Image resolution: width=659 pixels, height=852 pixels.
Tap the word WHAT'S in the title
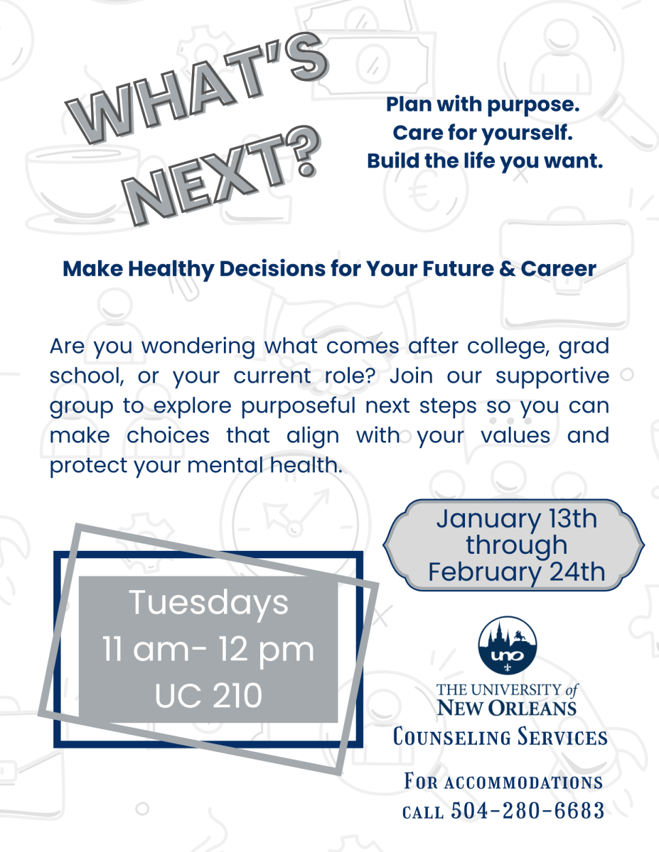tap(196, 88)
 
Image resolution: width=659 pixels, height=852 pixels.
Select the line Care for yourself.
tap(483, 133)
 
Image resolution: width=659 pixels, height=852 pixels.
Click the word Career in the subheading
tap(558, 269)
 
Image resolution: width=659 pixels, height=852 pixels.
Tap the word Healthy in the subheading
tap(171, 270)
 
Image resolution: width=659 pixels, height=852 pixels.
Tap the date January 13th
tap(517, 519)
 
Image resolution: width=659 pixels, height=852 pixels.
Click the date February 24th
tap(517, 572)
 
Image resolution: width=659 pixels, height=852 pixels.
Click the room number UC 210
tap(208, 695)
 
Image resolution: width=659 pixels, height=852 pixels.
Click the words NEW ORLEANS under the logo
tap(507, 708)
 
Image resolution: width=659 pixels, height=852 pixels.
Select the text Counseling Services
tap(500, 737)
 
